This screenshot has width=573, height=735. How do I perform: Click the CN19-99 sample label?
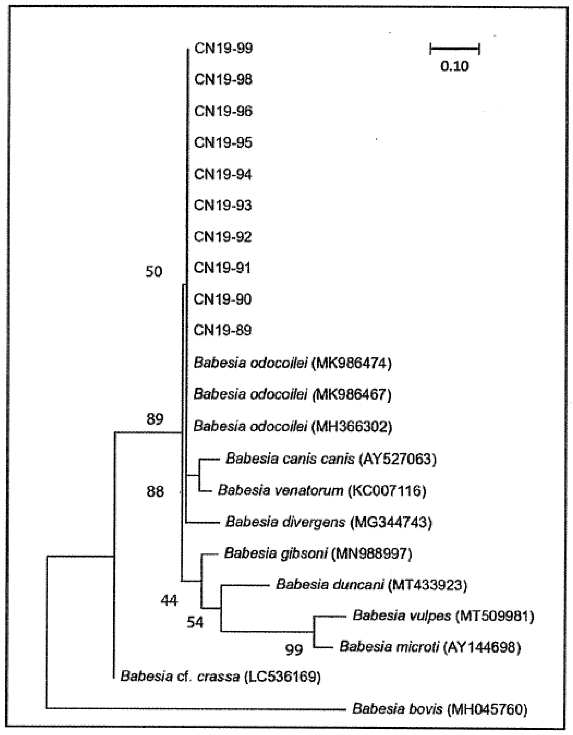pos(223,48)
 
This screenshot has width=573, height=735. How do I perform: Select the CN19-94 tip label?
pos(223,174)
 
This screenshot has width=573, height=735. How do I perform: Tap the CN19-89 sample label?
pos(223,330)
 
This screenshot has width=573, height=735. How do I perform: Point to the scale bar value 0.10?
pos(455,66)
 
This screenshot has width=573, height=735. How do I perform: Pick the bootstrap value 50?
pos(154,271)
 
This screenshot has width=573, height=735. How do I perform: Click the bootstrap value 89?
pos(155,419)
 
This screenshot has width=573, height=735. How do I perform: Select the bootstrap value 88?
pos(155,492)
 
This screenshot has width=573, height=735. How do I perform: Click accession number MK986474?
pos(352,363)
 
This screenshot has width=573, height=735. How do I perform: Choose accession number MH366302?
pos(352,427)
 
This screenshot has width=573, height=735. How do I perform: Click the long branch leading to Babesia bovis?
pos(195,708)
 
